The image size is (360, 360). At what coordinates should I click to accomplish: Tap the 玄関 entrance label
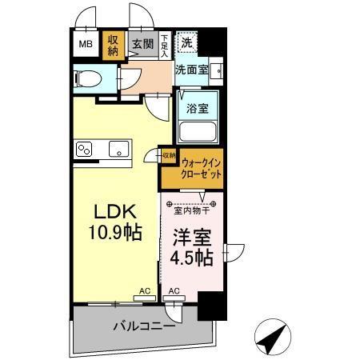point(142,45)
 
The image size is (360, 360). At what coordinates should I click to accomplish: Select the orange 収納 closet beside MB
point(114,45)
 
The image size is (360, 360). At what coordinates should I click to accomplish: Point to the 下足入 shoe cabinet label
point(164,44)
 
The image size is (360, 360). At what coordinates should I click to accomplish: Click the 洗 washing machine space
point(186,42)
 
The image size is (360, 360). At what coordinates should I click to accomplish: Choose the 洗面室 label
point(192,70)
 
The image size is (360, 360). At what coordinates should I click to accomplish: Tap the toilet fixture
point(90,79)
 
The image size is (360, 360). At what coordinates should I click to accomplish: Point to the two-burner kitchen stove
point(86,149)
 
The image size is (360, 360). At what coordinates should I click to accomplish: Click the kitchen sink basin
point(118,149)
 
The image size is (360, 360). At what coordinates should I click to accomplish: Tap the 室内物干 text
point(192,210)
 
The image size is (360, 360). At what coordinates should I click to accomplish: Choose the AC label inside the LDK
point(145,292)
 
